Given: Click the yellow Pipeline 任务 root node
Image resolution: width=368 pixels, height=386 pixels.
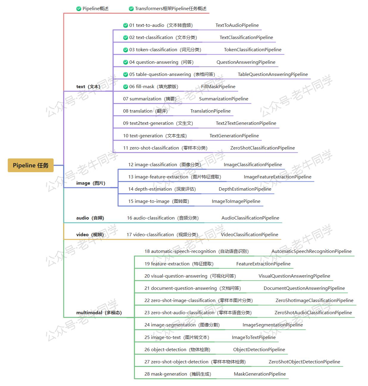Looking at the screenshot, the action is [31, 165].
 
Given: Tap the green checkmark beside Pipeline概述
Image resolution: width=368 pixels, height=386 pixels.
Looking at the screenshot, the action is [79, 9].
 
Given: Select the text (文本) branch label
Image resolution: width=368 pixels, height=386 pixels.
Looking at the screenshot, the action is [88, 87].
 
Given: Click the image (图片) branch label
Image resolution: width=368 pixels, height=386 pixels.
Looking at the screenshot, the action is [91, 183].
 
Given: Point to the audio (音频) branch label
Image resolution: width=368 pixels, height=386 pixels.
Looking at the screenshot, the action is [90, 218].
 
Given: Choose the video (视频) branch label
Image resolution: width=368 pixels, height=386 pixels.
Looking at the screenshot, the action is [90, 234].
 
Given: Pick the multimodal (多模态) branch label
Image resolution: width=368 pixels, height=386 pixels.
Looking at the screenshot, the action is [99, 312].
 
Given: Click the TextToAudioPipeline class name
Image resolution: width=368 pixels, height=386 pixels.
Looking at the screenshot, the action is [237, 25].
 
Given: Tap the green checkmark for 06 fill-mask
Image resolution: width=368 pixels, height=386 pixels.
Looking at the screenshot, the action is [126, 87].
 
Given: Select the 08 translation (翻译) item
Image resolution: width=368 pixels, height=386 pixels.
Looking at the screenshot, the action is [145, 111].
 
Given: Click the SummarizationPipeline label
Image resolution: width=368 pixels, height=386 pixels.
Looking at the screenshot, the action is [224, 99].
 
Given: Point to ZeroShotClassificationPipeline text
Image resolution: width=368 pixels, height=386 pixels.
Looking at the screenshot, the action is [263, 148].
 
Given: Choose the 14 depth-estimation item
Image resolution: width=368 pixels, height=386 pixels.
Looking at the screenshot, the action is [162, 189].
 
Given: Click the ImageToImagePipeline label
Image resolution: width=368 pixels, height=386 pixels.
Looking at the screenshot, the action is [236, 201].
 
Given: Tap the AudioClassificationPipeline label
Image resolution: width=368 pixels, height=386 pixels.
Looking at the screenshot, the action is [250, 218].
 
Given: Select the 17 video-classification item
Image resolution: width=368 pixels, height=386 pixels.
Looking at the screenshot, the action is [162, 234].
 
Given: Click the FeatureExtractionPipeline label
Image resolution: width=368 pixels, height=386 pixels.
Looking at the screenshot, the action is [263, 264].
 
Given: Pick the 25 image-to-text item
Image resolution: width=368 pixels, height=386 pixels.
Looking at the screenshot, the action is [177, 337].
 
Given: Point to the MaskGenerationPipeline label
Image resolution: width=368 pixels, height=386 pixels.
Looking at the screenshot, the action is [260, 374].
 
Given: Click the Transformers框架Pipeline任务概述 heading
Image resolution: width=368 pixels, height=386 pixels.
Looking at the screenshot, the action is [171, 9].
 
